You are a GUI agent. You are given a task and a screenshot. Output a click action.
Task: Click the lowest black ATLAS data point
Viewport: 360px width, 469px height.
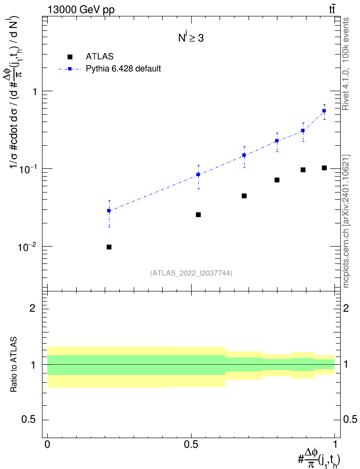[x=109, y=247]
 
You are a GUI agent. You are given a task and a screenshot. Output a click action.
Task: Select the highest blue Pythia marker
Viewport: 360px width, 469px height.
[x=324, y=111]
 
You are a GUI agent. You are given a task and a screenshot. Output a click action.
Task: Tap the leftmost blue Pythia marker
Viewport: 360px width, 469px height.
[x=109, y=210]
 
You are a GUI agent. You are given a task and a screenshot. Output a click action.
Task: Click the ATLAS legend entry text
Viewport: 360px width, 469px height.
[x=99, y=56]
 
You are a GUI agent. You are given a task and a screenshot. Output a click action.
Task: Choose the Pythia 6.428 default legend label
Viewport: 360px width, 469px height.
[x=123, y=69]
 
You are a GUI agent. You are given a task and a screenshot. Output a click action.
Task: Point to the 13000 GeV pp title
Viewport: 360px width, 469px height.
[x=81, y=10]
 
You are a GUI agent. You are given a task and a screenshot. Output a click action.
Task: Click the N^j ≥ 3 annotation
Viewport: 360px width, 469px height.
[x=191, y=38]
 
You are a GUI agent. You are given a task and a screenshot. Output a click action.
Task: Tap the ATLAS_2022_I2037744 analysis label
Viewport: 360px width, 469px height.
[x=191, y=273]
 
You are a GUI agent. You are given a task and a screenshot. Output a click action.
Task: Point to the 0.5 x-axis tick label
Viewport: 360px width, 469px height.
[x=191, y=444]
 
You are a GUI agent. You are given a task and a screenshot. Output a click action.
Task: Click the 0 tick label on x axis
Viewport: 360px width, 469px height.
[x=47, y=444]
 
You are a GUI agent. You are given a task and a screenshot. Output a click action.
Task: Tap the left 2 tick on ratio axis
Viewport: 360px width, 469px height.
[x=32, y=308]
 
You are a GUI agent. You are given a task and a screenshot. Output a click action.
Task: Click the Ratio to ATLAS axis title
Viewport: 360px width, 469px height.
[x=14, y=365]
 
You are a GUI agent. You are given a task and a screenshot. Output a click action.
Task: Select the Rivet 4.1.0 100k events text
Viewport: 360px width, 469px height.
[x=346, y=64]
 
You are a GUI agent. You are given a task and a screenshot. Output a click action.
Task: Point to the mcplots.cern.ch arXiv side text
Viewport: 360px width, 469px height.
[x=346, y=221]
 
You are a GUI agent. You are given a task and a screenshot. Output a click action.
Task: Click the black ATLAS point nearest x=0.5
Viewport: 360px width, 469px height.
[x=198, y=215]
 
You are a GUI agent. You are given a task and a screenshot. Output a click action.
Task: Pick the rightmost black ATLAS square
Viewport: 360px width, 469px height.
[x=324, y=168]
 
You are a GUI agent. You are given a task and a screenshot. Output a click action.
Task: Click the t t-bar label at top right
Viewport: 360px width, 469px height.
[x=332, y=10]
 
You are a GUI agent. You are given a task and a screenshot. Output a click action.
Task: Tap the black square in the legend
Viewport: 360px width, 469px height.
[x=69, y=56]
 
